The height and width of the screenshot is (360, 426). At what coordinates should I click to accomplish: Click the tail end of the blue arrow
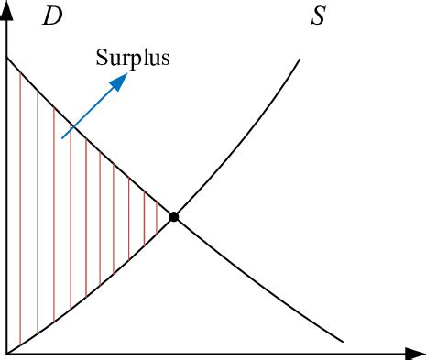(x=62, y=137)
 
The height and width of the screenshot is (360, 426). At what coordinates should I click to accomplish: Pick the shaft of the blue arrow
(x=89, y=112)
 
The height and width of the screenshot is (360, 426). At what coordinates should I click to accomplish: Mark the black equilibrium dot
(x=174, y=217)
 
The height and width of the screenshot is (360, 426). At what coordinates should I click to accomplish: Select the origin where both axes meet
(x=7, y=352)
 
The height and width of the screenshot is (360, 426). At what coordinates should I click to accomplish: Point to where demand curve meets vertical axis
(x=7, y=59)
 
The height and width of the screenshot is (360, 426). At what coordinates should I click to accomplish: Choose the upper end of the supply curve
(x=300, y=60)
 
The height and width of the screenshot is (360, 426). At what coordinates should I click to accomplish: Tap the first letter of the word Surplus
(x=102, y=59)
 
